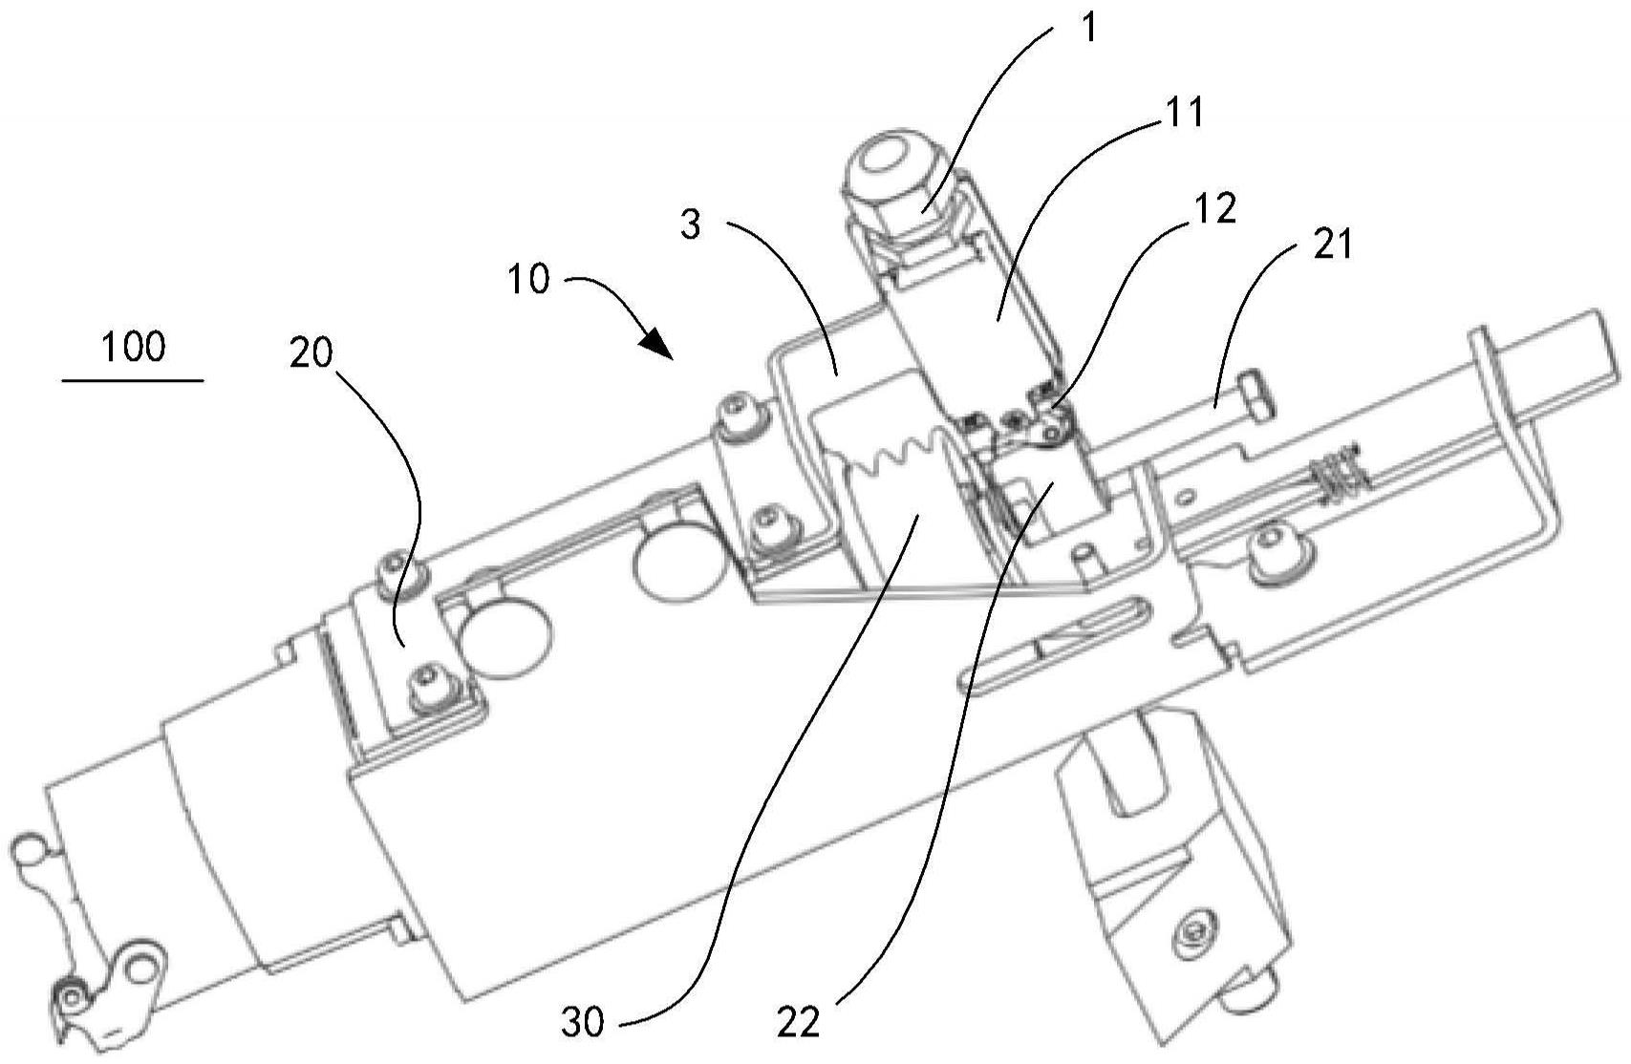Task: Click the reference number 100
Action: [134, 347]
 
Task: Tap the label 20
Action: [311, 353]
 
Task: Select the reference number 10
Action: [528, 279]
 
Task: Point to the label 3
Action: [690, 224]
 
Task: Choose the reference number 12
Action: [1215, 208]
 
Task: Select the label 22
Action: [799, 1023]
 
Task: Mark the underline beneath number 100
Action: [133, 380]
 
